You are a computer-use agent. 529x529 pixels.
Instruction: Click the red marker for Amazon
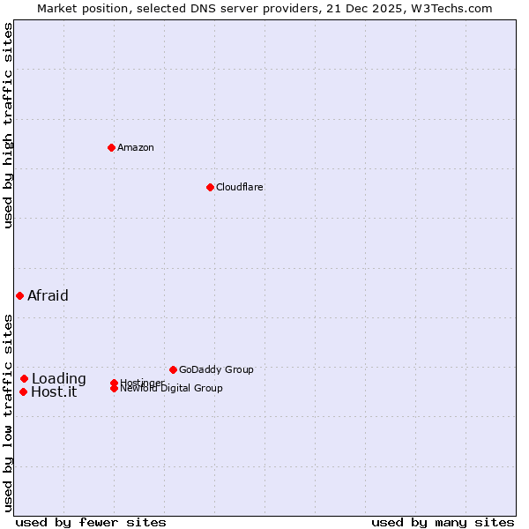pos(111,147)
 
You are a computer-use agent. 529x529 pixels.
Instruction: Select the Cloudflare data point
pos(210,187)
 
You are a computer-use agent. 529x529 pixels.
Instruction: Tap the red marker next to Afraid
pos(19,295)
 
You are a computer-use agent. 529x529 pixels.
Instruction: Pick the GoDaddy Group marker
pos(173,369)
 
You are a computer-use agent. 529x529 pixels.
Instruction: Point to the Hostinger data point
pos(114,383)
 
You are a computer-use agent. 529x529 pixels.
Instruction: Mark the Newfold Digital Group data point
pos(114,389)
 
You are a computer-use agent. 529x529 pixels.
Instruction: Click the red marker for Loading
pos(24,378)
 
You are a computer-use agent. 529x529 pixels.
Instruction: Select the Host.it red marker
pos(23,391)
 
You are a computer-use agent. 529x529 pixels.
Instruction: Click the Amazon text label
pos(136,147)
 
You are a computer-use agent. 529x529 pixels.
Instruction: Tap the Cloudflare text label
pos(240,187)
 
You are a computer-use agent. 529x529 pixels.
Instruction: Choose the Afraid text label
pos(48,295)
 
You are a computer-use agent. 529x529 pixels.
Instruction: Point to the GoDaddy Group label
pos(216,369)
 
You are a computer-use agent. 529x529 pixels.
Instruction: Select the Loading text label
pos(59,378)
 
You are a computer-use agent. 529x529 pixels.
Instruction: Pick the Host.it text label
pos(54,391)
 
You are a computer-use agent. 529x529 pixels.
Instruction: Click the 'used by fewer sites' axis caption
pos(91,522)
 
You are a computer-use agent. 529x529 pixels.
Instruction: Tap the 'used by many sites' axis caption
pos(443,522)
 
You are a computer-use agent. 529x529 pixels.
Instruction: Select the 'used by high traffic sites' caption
pos(9,125)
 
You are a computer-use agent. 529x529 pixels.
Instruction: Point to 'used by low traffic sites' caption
pos(9,412)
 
